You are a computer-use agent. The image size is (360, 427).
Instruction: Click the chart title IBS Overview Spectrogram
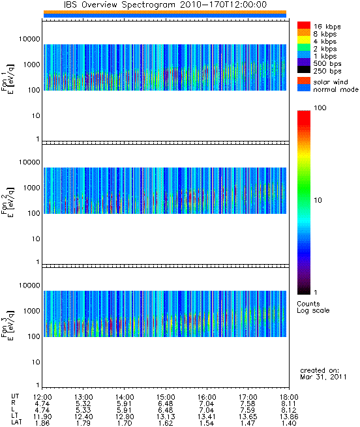point(119,5)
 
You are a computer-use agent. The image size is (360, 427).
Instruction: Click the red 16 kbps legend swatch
point(304,25)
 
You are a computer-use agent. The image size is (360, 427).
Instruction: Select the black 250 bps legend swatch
point(304,70)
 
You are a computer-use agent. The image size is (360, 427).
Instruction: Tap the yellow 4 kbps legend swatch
point(304,40)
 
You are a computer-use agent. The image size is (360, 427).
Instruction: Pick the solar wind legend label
point(331,82)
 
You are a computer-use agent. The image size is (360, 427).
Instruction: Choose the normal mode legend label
point(336,89)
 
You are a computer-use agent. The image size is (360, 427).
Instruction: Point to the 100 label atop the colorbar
point(320,108)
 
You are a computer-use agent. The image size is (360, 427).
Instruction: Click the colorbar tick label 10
point(318,200)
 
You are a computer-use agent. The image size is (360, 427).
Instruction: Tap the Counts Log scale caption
point(313,307)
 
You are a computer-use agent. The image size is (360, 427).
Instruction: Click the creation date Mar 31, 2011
point(323,377)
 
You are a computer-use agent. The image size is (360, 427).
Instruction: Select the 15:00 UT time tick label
point(166,397)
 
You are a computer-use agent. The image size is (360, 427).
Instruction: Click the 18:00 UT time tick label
point(289,397)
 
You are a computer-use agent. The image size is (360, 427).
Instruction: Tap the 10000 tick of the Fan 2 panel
point(29,162)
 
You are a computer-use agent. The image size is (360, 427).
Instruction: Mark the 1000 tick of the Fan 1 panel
point(31,65)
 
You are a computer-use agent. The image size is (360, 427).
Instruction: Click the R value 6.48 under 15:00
point(166,404)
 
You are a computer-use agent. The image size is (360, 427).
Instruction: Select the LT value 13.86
point(289,417)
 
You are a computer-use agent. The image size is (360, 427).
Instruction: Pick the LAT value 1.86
point(42,423)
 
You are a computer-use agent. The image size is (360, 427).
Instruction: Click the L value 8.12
point(289,410)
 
